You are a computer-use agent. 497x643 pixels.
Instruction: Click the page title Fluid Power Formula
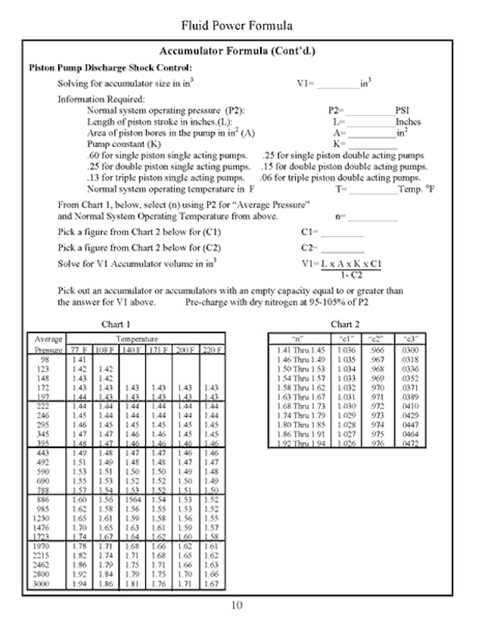coord(237,26)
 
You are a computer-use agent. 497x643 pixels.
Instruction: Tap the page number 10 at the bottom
coord(237,606)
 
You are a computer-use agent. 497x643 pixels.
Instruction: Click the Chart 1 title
coord(116,324)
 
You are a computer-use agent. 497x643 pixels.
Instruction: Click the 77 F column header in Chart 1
coord(79,350)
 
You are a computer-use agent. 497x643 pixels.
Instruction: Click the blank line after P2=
coord(370,113)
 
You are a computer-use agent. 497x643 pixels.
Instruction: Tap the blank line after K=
coord(370,145)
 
